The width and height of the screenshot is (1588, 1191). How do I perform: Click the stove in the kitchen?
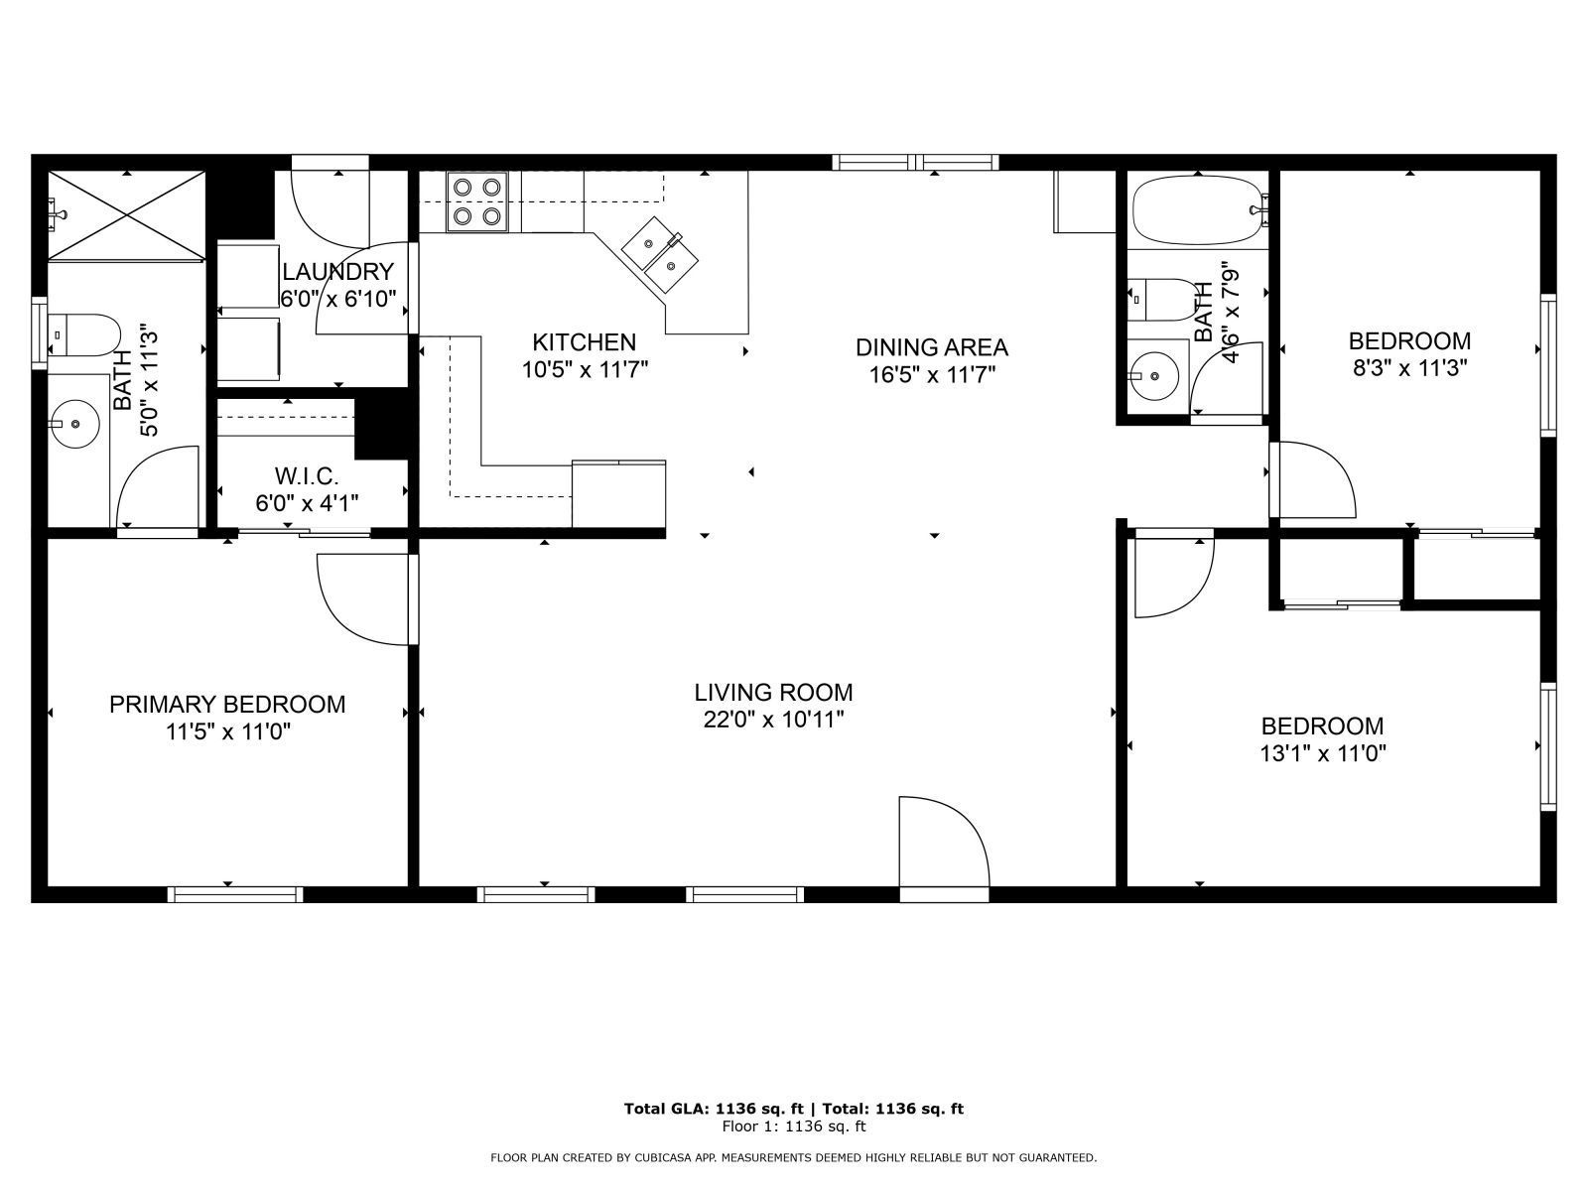point(477,201)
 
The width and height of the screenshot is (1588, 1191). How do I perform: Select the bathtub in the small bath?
point(1198,210)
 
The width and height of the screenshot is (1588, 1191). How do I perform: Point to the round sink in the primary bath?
point(75,425)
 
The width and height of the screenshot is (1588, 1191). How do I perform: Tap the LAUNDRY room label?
point(337,272)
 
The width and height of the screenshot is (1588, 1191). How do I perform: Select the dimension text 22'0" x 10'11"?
point(773,720)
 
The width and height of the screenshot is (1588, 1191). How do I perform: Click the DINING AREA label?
point(931,347)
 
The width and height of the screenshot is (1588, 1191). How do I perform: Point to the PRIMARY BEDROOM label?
point(227,705)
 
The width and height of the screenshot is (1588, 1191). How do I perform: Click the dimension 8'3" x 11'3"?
point(1408,366)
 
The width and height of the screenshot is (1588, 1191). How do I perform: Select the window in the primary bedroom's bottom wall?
point(235,894)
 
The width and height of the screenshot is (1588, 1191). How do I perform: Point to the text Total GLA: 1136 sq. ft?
point(714,1109)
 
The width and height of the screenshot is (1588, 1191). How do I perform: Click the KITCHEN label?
point(584,342)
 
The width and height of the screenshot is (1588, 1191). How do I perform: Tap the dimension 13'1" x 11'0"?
point(1322,753)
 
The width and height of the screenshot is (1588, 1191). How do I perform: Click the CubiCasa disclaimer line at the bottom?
point(793,1157)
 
